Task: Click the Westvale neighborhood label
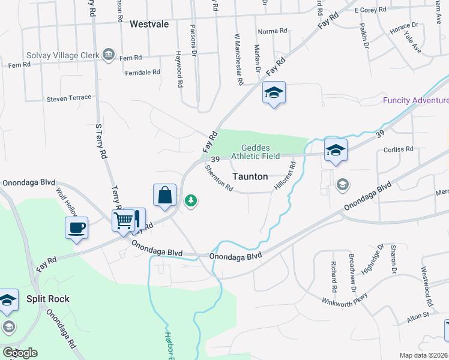pos(149,24)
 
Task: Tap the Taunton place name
pos(250,176)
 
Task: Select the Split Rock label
pos(48,299)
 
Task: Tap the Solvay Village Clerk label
pos(62,55)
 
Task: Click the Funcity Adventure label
pos(415,100)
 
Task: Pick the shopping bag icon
pos(165,195)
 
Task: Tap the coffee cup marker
pos(76,228)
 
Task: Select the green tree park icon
pos(191,200)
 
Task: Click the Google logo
pos(19,353)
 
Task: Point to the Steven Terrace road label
pos(69,97)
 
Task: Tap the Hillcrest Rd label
pos(285,176)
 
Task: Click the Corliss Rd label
pos(401,149)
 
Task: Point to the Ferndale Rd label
pos(142,72)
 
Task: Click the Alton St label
pos(418,316)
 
